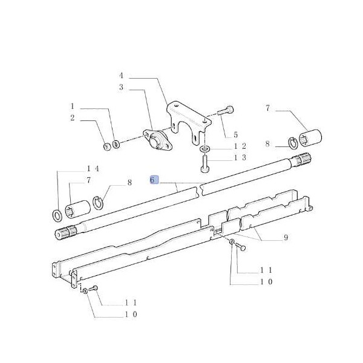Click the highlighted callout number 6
point(154,180)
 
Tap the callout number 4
point(120,76)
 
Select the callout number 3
point(120,88)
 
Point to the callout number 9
point(285,238)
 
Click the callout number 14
point(93,168)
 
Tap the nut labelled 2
point(105,145)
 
